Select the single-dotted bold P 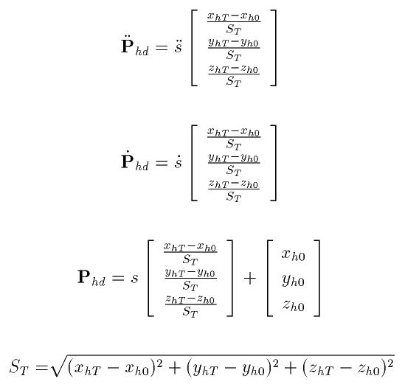tap(128, 160)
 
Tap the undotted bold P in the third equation tap(84, 276)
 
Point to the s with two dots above tap(178, 46)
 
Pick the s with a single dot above tap(178, 161)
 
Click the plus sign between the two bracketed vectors tap(250, 279)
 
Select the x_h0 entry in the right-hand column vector tap(293, 255)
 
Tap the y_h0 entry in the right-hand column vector tap(293, 280)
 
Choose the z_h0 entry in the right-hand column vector tap(294, 305)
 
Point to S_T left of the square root tap(18, 367)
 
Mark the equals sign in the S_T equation tap(42, 367)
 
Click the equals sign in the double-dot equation tap(162, 47)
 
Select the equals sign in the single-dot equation tap(162, 163)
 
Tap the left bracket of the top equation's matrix tap(194, 48)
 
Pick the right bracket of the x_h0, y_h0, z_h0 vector tap(316, 278)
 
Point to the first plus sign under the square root tap(175, 368)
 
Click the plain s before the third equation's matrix tap(134, 279)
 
